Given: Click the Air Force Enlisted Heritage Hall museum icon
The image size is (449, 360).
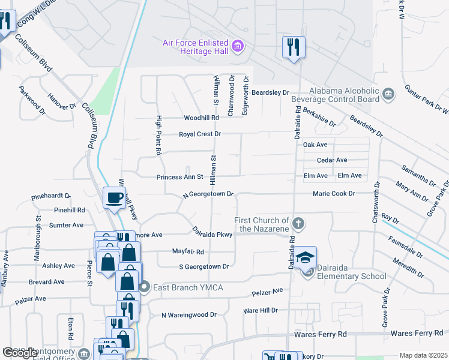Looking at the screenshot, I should point(238,46).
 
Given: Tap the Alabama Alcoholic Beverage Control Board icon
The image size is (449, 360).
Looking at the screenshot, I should point(388,94).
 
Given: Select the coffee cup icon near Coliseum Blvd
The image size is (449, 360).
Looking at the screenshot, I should point(113,197).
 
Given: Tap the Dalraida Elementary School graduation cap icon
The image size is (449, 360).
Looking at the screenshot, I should point(305,257).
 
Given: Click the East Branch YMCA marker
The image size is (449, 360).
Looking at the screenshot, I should point(145,287).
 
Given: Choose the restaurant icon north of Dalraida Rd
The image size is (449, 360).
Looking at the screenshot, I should point(294,47).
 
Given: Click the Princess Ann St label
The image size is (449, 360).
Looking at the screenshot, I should point(181,178).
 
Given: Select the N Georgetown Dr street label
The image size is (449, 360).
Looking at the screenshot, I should point(208,196).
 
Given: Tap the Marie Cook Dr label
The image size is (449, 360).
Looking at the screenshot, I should point(334,194).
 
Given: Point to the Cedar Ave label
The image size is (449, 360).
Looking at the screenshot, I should point(332,160).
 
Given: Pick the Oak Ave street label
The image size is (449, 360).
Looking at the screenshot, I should point(315,145).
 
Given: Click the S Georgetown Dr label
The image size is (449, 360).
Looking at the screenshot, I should point(204,266).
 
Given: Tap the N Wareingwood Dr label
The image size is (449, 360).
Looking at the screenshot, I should point(188,314).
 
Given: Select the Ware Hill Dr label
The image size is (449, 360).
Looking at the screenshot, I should point(260,311).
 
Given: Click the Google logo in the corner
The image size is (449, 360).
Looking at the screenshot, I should point(20,353).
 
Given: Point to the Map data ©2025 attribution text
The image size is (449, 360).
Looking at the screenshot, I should point(423,355).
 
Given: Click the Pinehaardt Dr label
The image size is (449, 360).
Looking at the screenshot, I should point(51,196).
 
